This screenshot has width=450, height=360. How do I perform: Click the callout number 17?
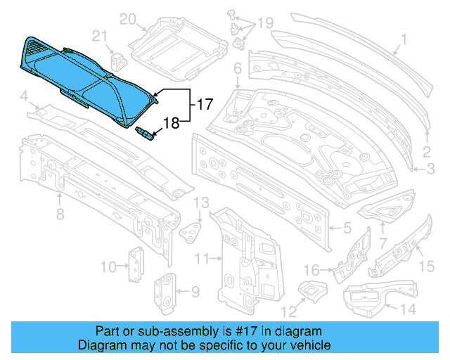(x=205, y=105)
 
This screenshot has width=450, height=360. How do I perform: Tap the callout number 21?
(x=101, y=37)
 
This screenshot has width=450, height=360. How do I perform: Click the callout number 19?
(x=264, y=24)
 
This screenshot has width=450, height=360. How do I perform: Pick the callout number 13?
(x=202, y=203)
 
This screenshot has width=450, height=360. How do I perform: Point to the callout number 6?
(x=237, y=68)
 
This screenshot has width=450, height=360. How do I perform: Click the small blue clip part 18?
(x=145, y=132)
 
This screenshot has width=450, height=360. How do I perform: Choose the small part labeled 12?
(x=310, y=288)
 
